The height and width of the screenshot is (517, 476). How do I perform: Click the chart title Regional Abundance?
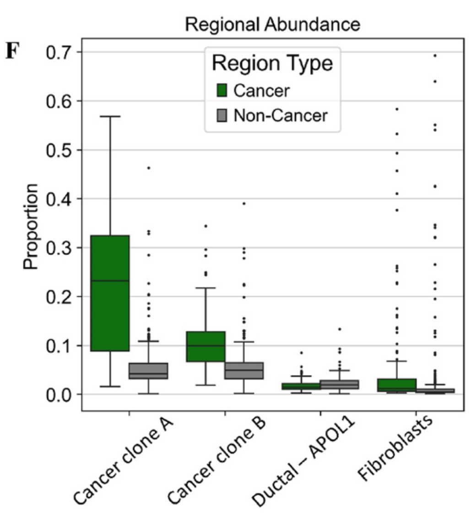click(272, 25)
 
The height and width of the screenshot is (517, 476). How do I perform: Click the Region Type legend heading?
click(272, 64)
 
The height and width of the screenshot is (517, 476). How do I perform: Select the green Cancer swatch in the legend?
click(222, 91)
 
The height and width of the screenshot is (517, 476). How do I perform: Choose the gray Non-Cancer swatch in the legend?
click(222, 115)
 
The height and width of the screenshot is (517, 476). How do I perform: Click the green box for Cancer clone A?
click(110, 293)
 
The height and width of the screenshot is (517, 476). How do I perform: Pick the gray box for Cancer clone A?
click(148, 371)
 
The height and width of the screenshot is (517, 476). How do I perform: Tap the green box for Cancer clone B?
click(206, 346)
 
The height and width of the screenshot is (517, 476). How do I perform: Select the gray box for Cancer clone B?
click(244, 370)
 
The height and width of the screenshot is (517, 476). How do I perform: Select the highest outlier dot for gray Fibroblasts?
click(435, 56)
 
